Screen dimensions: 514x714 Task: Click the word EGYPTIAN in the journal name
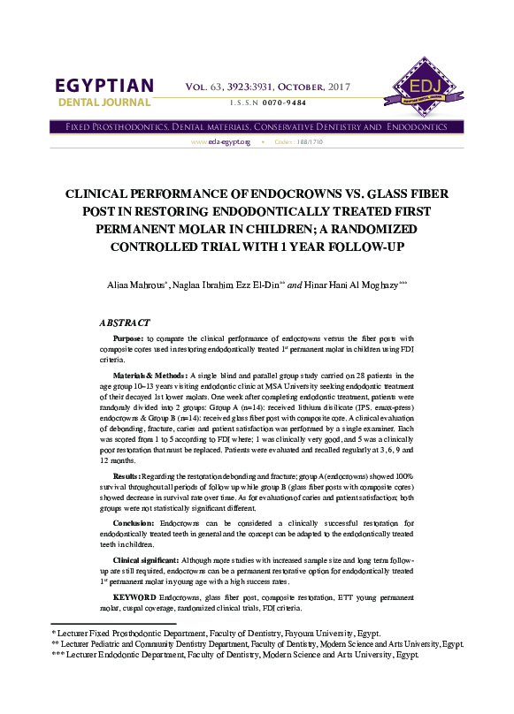coord(104,87)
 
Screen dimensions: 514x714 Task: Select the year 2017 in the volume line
coord(338,87)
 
